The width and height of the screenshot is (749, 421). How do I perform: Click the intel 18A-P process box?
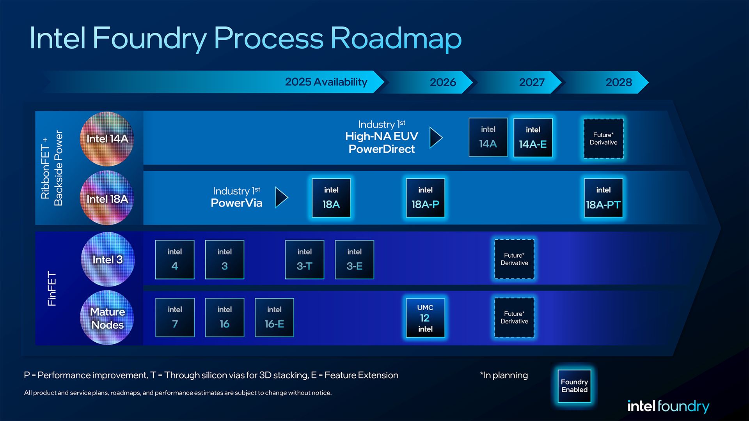point(425,198)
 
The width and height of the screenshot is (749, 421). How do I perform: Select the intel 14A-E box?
point(533,138)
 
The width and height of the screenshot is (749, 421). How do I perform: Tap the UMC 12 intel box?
point(425,318)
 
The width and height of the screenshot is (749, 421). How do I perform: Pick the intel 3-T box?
point(304,260)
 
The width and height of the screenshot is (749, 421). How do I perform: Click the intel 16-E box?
point(274,317)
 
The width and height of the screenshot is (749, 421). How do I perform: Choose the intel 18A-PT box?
point(603,198)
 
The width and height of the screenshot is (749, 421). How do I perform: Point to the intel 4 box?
point(175,260)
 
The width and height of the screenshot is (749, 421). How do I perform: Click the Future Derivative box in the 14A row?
point(603,138)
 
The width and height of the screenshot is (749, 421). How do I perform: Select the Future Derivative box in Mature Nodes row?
point(514,317)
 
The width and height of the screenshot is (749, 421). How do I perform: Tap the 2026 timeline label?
point(443,82)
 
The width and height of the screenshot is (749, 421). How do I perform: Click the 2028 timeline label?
point(619,82)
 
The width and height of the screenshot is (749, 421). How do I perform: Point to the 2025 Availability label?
point(326,82)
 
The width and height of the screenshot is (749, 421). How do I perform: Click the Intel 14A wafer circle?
point(107,139)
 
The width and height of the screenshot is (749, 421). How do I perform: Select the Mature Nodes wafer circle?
point(107,318)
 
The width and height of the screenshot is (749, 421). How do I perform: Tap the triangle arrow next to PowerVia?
point(281,197)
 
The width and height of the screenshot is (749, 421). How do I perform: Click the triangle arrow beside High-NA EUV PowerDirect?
point(436,137)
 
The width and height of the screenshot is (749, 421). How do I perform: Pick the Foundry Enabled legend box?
point(574,386)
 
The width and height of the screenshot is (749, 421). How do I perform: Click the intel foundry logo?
point(668,406)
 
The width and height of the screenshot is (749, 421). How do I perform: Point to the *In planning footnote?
point(504,375)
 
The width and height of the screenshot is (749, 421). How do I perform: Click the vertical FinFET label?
point(52,288)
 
